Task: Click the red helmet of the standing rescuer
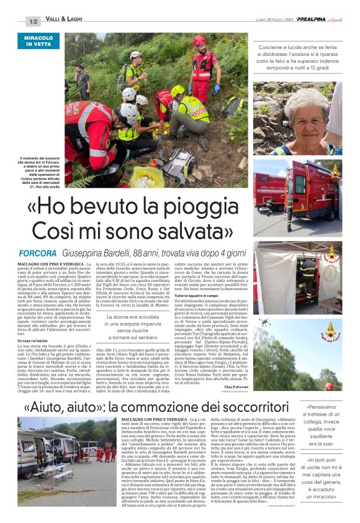point(199,40)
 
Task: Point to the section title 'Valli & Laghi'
point(65,21)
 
